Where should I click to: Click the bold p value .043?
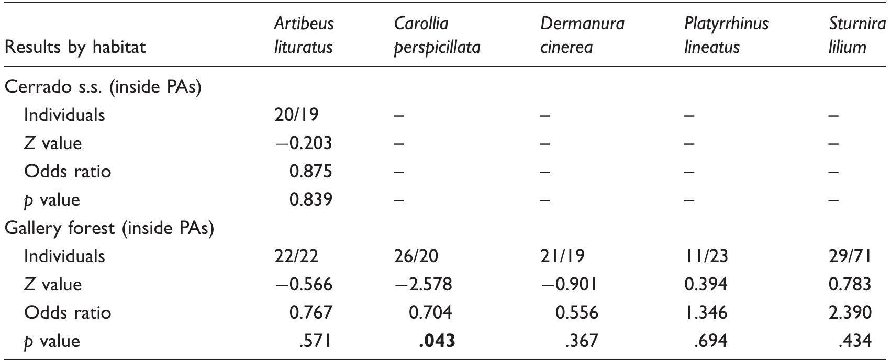437,341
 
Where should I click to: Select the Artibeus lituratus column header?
304,35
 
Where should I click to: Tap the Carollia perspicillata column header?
437,35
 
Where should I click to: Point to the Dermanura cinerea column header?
582,35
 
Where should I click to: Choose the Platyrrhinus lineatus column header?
726,35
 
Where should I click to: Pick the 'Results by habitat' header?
75,47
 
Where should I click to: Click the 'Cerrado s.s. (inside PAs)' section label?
103,87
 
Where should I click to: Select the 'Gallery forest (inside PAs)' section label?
109,228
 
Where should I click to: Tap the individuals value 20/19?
296,115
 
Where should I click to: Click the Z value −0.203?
303,143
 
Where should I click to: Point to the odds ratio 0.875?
310,172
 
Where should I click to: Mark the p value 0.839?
310,200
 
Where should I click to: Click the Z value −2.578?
422,284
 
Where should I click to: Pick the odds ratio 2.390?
850,312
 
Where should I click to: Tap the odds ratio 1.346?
706,312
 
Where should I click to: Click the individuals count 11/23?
706,256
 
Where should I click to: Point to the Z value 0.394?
706,284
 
